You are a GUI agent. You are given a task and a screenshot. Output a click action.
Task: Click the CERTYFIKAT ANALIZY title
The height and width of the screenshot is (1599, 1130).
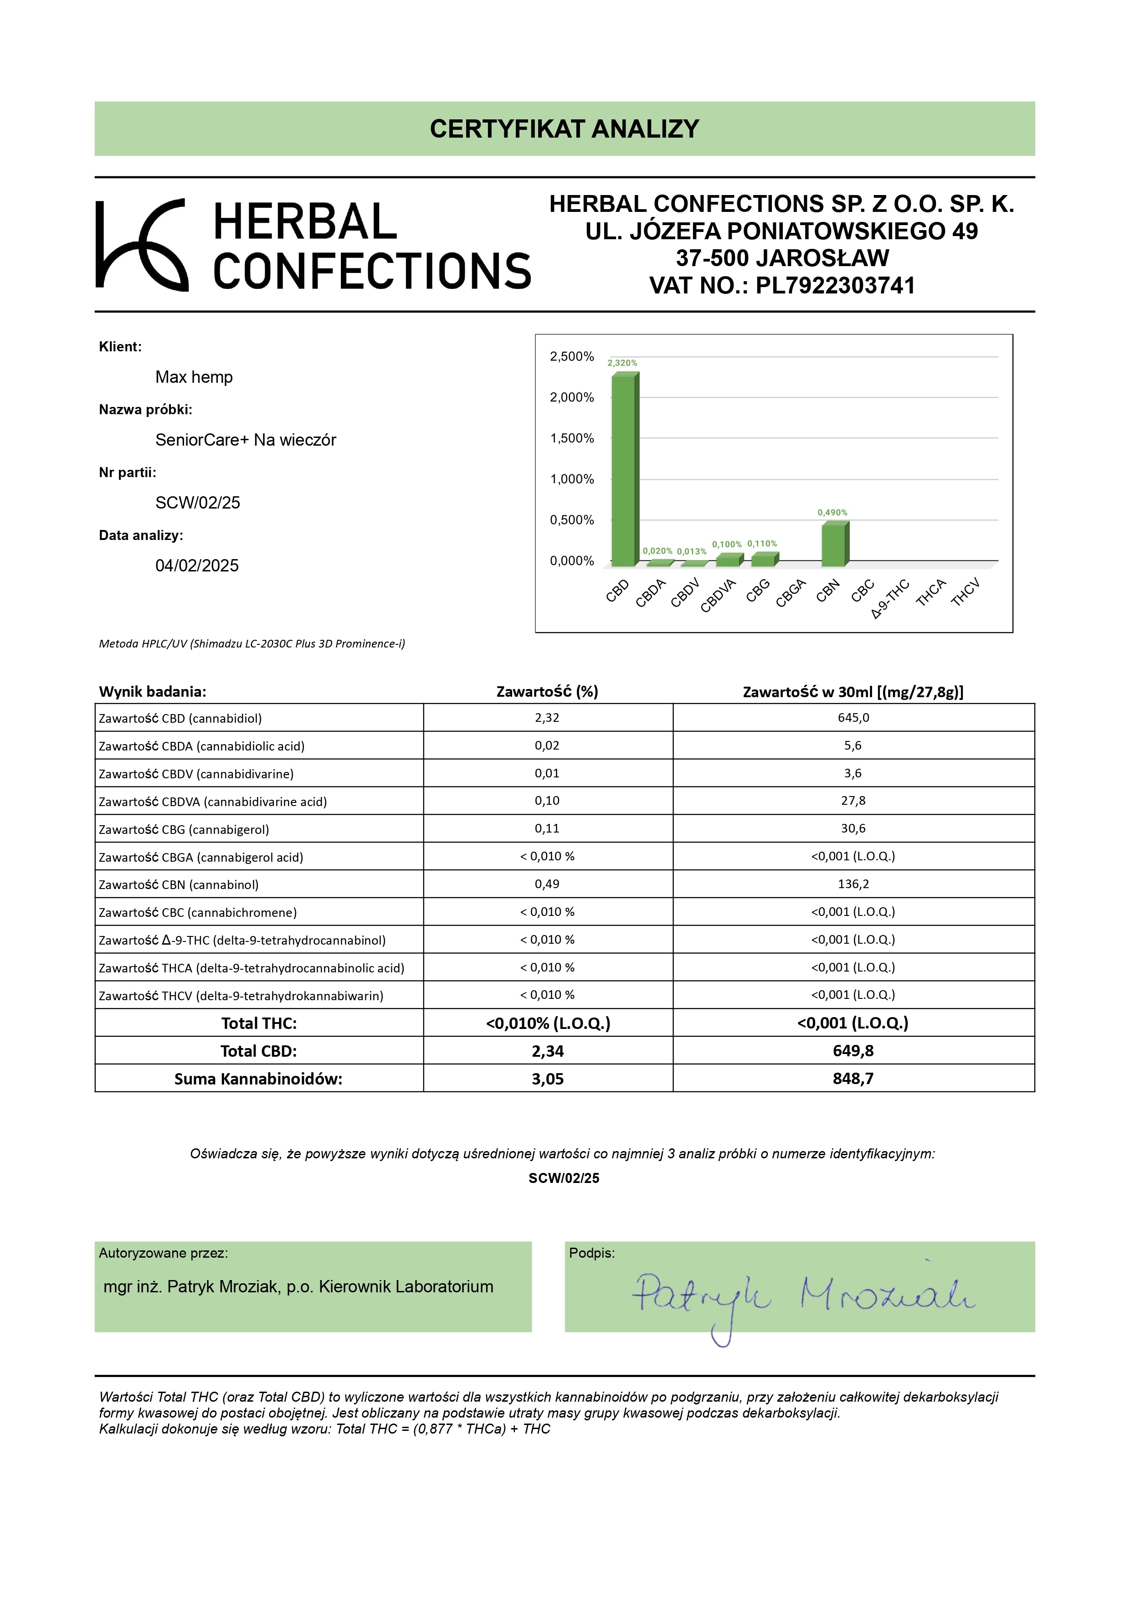click(x=564, y=129)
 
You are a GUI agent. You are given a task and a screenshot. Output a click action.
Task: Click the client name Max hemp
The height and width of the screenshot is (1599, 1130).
click(x=194, y=377)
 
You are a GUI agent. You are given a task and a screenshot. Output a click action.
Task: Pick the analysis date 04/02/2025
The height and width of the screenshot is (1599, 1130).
click(x=196, y=566)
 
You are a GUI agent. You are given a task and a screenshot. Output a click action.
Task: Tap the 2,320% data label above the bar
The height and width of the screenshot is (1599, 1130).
click(x=622, y=363)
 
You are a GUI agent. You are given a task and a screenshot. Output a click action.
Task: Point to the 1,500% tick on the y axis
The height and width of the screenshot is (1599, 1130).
click(x=572, y=438)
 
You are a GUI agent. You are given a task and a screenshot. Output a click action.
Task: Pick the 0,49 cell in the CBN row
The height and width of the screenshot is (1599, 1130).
click(x=547, y=884)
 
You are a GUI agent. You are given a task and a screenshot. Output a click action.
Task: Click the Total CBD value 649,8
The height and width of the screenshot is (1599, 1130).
click(x=853, y=1050)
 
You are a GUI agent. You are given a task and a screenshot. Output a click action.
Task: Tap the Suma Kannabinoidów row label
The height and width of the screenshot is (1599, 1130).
click(x=258, y=1079)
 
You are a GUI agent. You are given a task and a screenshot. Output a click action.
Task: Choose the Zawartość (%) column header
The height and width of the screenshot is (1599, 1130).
click(x=547, y=692)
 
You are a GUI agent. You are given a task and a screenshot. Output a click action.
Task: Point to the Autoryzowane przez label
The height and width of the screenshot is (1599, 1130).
click(x=163, y=1253)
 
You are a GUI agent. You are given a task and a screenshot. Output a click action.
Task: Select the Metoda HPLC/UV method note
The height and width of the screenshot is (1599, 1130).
click(x=252, y=643)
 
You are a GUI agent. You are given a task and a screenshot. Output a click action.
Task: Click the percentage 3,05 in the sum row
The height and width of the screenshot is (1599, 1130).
click(x=547, y=1079)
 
